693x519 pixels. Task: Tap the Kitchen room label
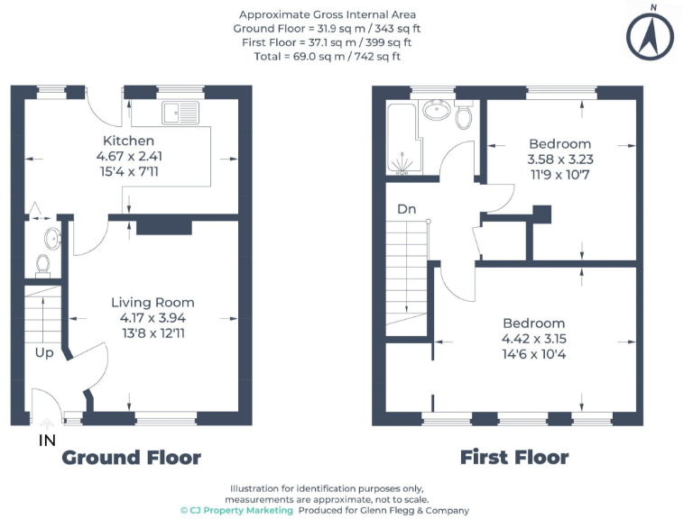click(128, 141)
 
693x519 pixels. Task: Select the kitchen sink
click(172, 114)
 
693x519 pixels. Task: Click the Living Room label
click(152, 302)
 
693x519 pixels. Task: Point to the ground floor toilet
click(42, 264)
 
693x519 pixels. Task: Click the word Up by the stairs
click(44, 352)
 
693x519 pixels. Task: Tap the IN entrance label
click(47, 441)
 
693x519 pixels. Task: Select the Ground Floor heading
click(131, 458)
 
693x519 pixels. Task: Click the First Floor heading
click(514, 458)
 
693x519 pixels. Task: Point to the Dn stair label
click(407, 209)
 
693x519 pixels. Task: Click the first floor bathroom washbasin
click(437, 111)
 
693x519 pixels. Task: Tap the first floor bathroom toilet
click(465, 117)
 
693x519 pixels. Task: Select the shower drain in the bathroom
click(403, 165)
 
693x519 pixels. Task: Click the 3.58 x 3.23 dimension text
click(559, 159)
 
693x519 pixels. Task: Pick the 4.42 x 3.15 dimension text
click(534, 339)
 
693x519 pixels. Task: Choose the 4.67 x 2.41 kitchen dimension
click(128, 156)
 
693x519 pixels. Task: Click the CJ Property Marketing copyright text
click(236, 510)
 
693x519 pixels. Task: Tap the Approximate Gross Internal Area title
click(327, 14)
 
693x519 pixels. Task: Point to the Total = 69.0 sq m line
click(327, 56)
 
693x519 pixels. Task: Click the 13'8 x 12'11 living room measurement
click(152, 332)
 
